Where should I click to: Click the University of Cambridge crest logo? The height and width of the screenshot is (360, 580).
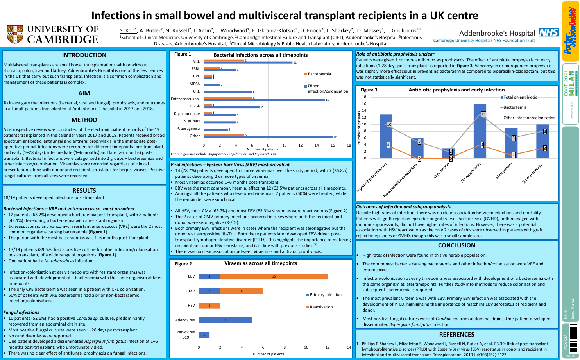(15, 35)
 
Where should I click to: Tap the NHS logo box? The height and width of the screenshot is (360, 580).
(548, 32)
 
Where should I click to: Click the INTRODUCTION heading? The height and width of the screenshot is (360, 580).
(84, 55)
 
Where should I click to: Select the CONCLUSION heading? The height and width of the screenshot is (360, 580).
(456, 245)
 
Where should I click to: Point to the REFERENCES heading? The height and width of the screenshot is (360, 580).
(456, 335)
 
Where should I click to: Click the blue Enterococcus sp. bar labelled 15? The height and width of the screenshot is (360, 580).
(264, 100)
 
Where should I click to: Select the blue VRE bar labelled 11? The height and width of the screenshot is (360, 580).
(248, 63)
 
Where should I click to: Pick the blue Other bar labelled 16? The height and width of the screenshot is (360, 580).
(268, 137)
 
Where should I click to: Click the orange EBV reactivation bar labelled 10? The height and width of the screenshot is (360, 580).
(274, 276)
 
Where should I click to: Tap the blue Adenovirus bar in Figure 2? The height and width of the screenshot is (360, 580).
(226, 320)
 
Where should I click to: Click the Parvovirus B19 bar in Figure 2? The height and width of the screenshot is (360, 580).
(204, 335)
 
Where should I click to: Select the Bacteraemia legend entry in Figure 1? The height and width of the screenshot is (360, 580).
(319, 74)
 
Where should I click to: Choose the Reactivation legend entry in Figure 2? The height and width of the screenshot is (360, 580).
(321, 307)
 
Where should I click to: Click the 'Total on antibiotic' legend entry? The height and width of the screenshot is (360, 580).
(520, 97)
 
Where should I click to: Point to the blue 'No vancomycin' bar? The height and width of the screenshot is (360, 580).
(480, 131)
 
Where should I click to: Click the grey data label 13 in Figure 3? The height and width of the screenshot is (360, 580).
(483, 114)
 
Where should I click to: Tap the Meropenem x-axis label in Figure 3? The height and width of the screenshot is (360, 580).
(504, 171)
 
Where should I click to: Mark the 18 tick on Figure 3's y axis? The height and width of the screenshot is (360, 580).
(364, 97)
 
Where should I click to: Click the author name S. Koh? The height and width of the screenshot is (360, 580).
(127, 30)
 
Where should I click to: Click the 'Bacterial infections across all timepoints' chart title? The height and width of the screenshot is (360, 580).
(261, 55)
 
